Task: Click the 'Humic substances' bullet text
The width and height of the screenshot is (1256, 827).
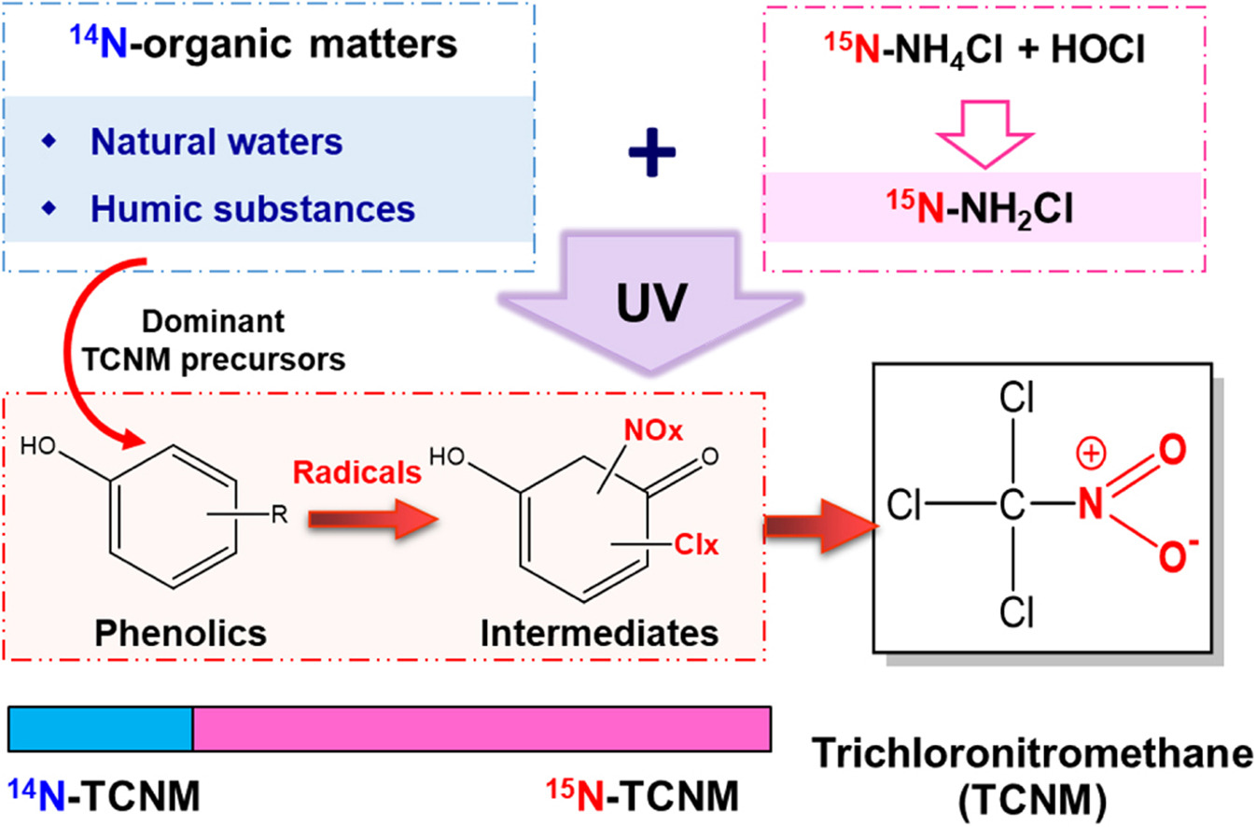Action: tap(253, 207)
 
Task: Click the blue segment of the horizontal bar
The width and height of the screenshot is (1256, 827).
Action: tap(101, 729)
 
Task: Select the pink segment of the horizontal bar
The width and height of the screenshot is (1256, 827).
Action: tap(481, 729)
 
